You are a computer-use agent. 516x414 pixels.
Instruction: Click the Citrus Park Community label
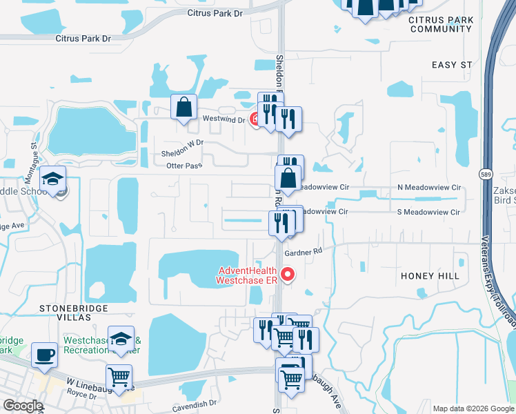pyautogui.click(x=440, y=24)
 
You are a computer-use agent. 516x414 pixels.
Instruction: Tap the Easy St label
pyautogui.click(x=452, y=65)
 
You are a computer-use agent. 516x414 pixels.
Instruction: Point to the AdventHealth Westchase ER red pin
pyautogui.click(x=289, y=274)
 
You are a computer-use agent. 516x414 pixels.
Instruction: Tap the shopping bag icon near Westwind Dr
pyautogui.click(x=184, y=107)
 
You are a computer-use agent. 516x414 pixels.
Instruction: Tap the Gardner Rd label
pyautogui.click(x=308, y=253)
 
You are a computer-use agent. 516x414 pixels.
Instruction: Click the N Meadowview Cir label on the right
pyautogui.click(x=428, y=188)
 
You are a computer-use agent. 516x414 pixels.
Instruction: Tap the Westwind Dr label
pyautogui.click(x=224, y=119)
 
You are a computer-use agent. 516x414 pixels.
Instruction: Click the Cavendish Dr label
pyautogui.click(x=195, y=402)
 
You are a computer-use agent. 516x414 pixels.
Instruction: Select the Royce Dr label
pyautogui.click(x=82, y=395)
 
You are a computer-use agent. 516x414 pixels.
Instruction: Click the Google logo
pyautogui.click(x=23, y=406)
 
